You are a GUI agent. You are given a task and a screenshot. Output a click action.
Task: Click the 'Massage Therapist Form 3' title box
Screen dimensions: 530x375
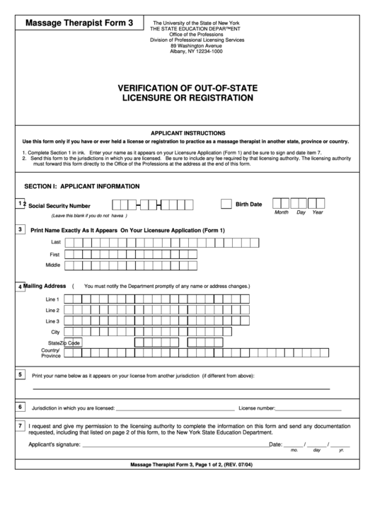[x=79, y=23]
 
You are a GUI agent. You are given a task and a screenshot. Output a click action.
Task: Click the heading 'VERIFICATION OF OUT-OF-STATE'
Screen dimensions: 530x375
[x=187, y=88]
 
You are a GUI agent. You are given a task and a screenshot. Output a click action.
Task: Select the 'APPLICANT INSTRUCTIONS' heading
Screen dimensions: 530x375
[x=187, y=133]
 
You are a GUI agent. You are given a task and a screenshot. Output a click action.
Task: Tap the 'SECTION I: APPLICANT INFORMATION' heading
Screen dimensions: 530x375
[x=82, y=186]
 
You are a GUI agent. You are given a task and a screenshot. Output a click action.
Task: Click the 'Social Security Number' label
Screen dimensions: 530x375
[x=59, y=205]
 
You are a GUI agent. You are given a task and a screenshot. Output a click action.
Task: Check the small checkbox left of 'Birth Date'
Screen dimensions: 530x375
[x=226, y=204]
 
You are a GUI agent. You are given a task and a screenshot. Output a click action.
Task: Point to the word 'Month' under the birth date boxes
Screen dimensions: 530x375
[x=281, y=213]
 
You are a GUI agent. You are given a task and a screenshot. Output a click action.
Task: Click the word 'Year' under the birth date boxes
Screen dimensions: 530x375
[x=318, y=213]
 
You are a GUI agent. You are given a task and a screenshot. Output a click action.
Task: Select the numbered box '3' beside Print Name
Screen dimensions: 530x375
[x=20, y=229]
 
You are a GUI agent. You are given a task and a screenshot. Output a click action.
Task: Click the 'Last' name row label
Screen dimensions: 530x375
[x=54, y=242]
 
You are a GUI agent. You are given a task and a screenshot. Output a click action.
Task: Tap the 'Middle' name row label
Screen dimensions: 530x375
[x=52, y=265]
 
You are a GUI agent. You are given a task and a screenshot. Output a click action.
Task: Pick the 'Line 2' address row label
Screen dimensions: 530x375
[x=52, y=310]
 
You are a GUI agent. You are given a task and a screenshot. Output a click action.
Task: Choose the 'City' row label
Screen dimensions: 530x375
[x=54, y=332]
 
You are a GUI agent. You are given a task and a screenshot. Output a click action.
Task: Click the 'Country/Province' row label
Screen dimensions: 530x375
[x=50, y=353]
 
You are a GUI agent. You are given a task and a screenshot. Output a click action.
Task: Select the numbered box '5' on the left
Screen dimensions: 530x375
[x=20, y=374]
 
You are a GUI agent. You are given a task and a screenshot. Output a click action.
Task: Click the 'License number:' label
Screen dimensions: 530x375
[x=257, y=408]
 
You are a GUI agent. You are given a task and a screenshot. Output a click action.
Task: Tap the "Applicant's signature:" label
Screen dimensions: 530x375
[x=54, y=444]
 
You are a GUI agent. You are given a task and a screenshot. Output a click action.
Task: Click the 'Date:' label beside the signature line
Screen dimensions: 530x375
[x=276, y=444]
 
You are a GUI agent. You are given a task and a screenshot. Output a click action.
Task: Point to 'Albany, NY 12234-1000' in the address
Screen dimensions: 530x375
[x=191, y=52]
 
